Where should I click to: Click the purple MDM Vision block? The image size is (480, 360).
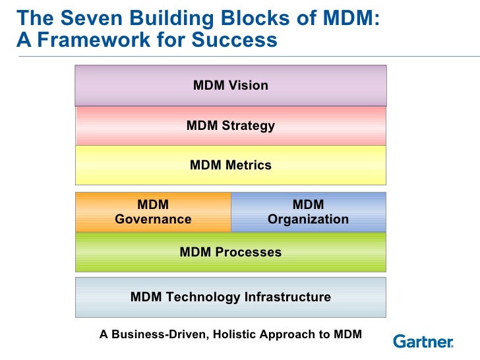click(230, 85)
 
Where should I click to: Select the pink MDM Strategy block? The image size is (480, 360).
click(230, 125)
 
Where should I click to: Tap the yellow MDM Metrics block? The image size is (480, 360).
click(230, 165)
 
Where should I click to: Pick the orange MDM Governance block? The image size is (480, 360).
click(153, 212)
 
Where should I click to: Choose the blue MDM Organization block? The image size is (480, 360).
click(308, 212)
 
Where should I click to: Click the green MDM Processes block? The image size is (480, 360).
click(230, 252)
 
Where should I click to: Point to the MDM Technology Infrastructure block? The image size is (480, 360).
click(230, 297)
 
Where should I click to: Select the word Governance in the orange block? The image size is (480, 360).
click(153, 219)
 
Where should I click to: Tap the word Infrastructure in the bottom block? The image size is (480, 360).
click(287, 297)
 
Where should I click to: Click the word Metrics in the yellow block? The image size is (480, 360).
click(249, 165)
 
